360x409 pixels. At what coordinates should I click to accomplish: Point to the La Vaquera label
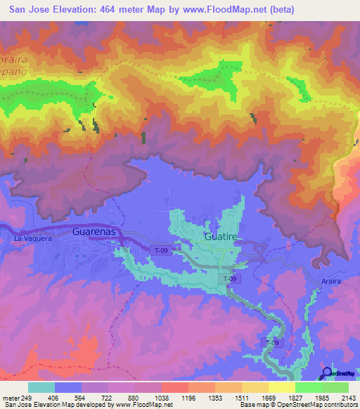[x=33, y=239]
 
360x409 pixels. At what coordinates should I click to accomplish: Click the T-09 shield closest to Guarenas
[x=162, y=249]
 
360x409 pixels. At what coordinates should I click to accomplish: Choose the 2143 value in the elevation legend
[x=347, y=397]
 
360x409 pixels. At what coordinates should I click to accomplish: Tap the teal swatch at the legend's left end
[x=41, y=387]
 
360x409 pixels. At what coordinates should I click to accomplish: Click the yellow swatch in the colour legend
[x=281, y=387]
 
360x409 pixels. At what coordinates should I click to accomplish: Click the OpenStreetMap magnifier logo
[x=326, y=372]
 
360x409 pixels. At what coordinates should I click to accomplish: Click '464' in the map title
[x=115, y=9]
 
